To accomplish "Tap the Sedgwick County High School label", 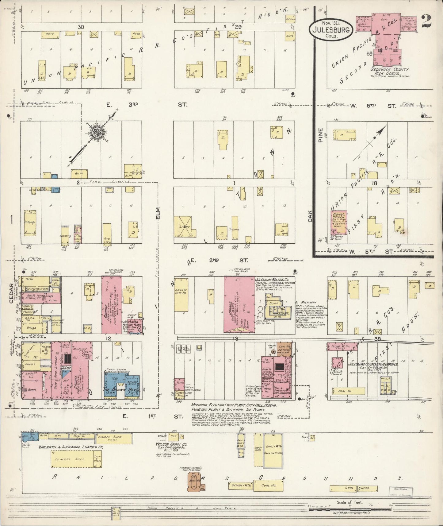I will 390,72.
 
